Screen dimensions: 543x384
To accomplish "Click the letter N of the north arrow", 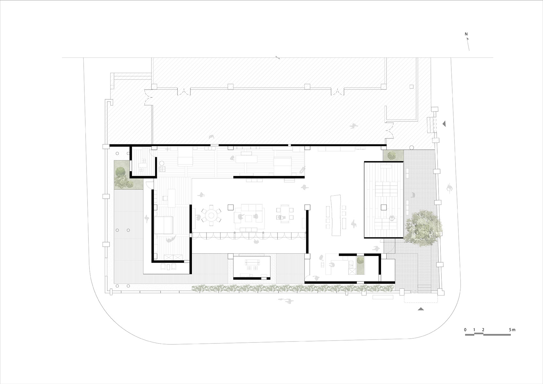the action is click(x=466, y=34).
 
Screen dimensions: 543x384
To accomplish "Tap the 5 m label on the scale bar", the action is click(x=512, y=330).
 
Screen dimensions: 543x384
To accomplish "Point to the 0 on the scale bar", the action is click(x=465, y=330).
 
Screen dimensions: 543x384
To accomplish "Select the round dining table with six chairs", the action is click(x=211, y=215).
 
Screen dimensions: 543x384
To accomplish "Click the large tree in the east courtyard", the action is click(x=423, y=228).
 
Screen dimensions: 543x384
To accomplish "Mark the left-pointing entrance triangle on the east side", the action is click(x=444, y=124).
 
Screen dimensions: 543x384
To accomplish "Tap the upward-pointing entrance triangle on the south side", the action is click(x=421, y=309).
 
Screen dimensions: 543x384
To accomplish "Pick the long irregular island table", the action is click(x=336, y=215).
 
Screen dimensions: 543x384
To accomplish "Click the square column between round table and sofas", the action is click(x=231, y=207).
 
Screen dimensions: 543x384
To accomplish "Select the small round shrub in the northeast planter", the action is click(x=391, y=155).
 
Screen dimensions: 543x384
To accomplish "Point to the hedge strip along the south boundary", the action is click(x=293, y=288).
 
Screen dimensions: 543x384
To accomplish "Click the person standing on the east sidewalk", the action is click(x=450, y=188).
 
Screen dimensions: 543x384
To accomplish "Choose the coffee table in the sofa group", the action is click(x=248, y=219).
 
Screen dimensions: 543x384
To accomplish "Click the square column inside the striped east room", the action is click(x=384, y=207).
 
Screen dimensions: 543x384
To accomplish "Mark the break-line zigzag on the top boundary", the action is click(x=278, y=58).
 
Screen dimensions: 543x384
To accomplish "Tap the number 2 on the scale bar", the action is click(x=483, y=330).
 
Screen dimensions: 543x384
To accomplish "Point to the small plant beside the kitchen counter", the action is click(x=361, y=261).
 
